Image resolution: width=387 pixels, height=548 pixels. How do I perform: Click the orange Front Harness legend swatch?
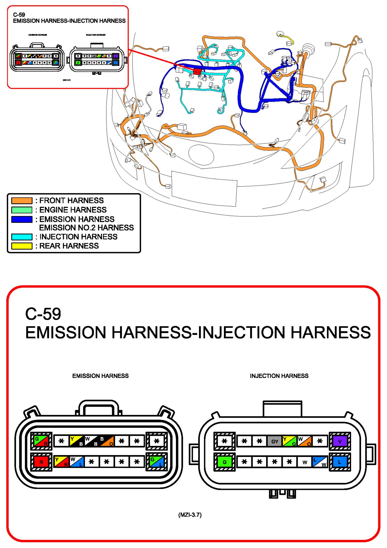click(x=22, y=200)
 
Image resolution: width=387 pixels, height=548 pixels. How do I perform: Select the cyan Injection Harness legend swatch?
click(x=22, y=237)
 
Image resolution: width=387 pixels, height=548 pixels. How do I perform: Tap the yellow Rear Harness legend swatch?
click(x=22, y=246)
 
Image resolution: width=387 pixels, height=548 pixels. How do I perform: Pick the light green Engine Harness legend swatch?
click(x=22, y=210)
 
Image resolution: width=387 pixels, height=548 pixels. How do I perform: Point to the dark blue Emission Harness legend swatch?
click(x=22, y=219)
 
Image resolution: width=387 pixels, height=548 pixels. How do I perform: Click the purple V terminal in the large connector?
click(x=340, y=441)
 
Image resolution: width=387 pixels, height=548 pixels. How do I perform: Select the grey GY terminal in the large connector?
click(x=275, y=441)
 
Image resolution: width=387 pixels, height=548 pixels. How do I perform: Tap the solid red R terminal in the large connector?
click(x=41, y=462)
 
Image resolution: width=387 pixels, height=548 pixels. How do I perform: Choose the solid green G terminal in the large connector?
click(x=224, y=462)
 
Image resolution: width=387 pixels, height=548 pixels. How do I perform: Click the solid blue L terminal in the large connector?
click(x=340, y=462)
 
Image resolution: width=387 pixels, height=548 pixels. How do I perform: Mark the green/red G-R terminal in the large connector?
click(x=41, y=441)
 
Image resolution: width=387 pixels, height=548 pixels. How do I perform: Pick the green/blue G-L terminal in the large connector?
click(x=156, y=462)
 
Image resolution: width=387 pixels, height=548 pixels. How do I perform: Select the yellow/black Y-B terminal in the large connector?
click(x=76, y=441)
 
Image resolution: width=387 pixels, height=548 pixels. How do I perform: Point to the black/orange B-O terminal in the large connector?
click(x=107, y=441)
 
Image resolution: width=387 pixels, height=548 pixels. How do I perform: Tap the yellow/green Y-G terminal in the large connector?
click(x=289, y=441)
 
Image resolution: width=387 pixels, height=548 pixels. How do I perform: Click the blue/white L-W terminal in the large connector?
click(x=320, y=462)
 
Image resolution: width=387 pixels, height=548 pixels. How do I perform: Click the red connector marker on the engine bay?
click(x=197, y=72)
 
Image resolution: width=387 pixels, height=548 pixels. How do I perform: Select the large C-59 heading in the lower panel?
click(x=43, y=314)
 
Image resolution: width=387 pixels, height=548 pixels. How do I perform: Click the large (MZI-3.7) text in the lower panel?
click(x=190, y=515)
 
